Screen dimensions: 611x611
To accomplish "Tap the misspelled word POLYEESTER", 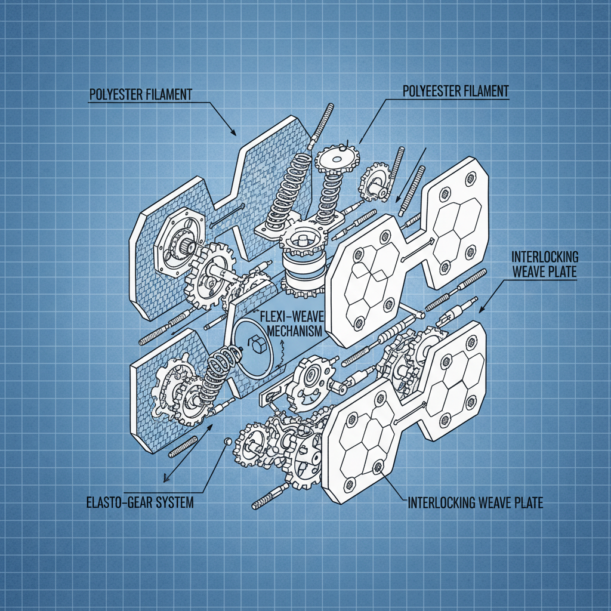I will point(431,91).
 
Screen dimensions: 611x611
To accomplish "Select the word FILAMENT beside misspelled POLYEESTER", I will point(484,91).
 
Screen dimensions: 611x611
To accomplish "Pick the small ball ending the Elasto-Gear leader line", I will point(227,441).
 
